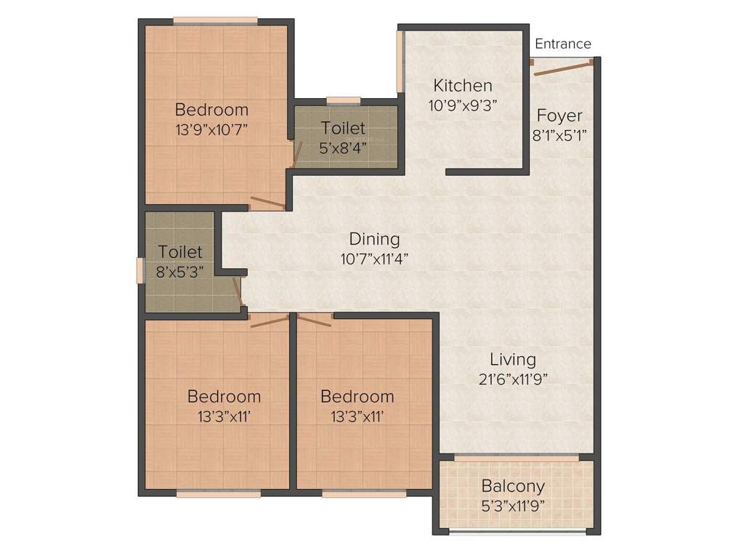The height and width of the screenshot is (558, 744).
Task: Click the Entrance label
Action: (x=562, y=44)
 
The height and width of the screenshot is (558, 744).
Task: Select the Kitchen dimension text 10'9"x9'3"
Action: (x=462, y=105)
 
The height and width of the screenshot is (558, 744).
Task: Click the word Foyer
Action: (x=559, y=116)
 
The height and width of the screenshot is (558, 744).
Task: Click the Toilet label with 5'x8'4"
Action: (x=343, y=128)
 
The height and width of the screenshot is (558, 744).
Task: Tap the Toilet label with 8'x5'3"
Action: (x=180, y=252)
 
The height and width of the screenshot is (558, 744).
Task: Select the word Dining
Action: (x=374, y=238)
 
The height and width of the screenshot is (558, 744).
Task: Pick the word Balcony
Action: (x=513, y=486)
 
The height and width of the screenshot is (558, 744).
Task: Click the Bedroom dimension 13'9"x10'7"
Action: (x=212, y=129)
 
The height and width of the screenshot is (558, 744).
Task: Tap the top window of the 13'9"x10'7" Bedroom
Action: (x=214, y=21)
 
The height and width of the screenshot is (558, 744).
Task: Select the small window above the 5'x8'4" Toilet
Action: (x=344, y=101)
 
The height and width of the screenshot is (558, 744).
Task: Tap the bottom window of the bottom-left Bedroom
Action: (x=218, y=493)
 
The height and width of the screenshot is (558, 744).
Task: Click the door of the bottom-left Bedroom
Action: (x=269, y=320)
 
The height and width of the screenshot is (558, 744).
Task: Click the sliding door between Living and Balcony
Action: (x=517, y=457)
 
